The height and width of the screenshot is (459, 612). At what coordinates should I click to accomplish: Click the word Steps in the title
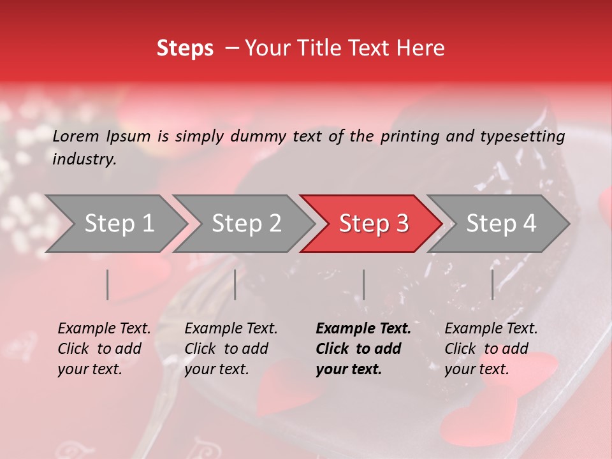pos(185,48)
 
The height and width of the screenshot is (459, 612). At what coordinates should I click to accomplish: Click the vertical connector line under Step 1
pos(108,284)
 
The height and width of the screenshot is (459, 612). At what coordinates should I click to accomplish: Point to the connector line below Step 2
pos(235,284)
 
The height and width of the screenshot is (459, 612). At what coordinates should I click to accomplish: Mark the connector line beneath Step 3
pos(363,284)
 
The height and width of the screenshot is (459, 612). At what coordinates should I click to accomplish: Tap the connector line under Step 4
pos(492,284)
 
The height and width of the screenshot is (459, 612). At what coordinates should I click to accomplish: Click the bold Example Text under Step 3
pos(363,349)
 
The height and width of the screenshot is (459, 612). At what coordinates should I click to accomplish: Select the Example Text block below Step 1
pos(104,349)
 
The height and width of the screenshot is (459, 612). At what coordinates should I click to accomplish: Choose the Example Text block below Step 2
pos(231,349)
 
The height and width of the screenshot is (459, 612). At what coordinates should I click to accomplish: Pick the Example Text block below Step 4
pos(491,349)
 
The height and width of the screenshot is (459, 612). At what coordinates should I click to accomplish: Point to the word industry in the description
pos(84,159)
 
